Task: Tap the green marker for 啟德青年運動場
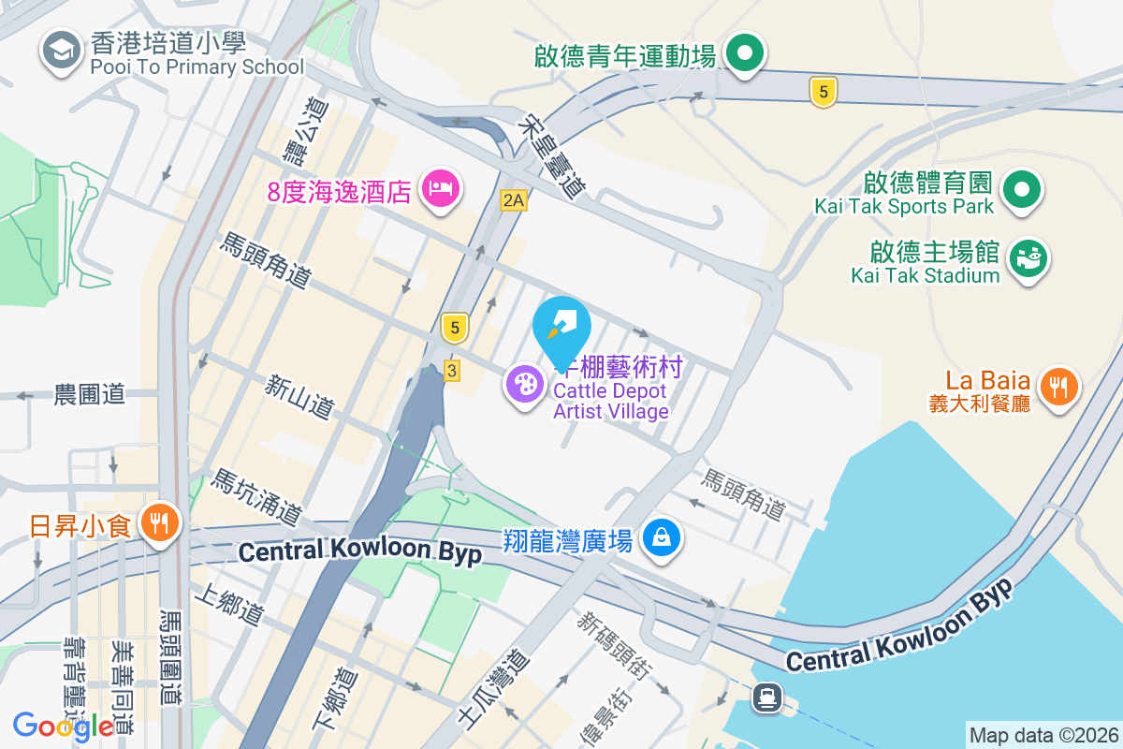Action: click(744, 53)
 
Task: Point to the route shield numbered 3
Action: click(452, 371)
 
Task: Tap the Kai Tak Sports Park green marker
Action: click(1022, 190)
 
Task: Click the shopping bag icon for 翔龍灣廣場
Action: click(662, 537)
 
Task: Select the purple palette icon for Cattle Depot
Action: click(524, 384)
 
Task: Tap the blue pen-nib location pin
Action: click(561, 325)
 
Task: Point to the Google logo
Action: click(64, 726)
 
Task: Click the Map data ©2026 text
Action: click(1043, 735)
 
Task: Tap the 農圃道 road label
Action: click(89, 394)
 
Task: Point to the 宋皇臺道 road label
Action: click(551, 155)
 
